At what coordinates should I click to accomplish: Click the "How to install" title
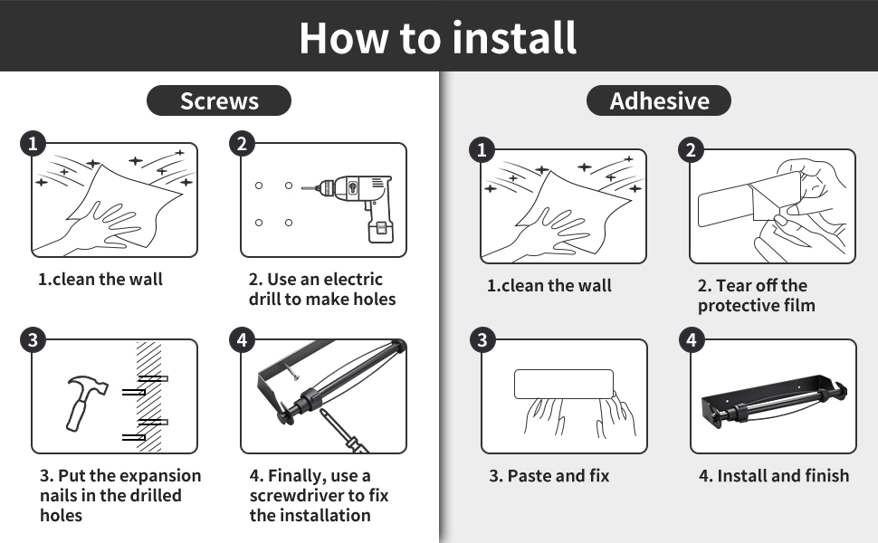coord(438,37)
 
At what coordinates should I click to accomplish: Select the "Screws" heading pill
coord(219,100)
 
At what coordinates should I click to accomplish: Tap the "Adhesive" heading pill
coord(659,100)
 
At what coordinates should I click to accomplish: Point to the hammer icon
coord(86,399)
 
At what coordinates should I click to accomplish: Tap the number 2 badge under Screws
coord(242,143)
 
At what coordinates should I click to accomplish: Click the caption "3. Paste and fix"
coord(549,475)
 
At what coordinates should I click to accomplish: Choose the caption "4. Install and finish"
coord(774,475)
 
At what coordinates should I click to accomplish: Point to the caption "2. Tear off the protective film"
coord(756,296)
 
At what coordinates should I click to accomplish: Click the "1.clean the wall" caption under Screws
coord(100,279)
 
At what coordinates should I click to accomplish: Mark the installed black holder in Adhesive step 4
coord(773,402)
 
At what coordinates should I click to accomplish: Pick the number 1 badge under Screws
coord(33,143)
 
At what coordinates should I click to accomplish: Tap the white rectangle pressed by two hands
coord(564,384)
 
